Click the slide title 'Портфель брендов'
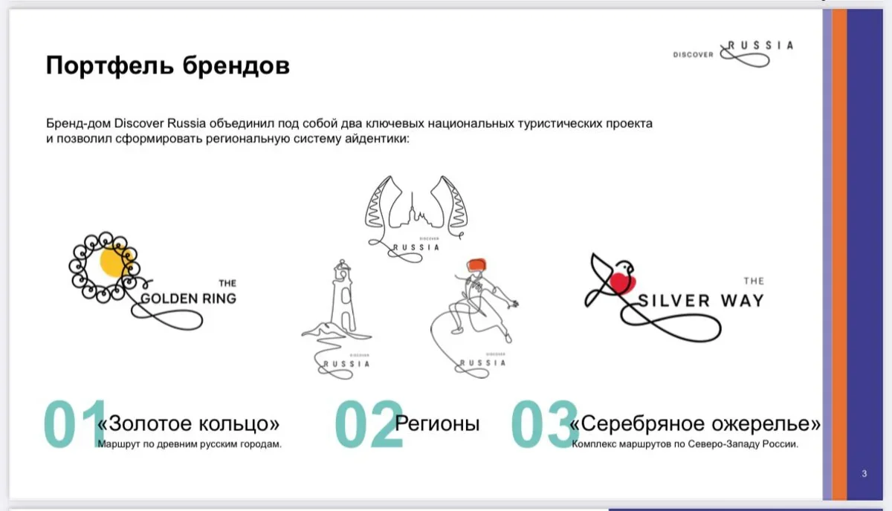pos(168,65)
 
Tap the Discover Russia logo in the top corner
pos(733,53)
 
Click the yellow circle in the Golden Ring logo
pos(113,261)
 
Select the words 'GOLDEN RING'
pos(188,299)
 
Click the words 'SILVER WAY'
pos(701,301)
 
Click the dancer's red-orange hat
pos(476,264)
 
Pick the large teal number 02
pos(369,425)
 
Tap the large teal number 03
pos(545,424)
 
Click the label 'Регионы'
pos(437,423)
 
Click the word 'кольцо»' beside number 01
pos(239,423)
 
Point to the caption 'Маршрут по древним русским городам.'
pos(190,444)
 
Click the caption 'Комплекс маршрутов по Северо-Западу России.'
pos(685,444)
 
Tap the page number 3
pos(864,474)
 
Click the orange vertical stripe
pos(839,255)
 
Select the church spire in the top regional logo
pos(412,206)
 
